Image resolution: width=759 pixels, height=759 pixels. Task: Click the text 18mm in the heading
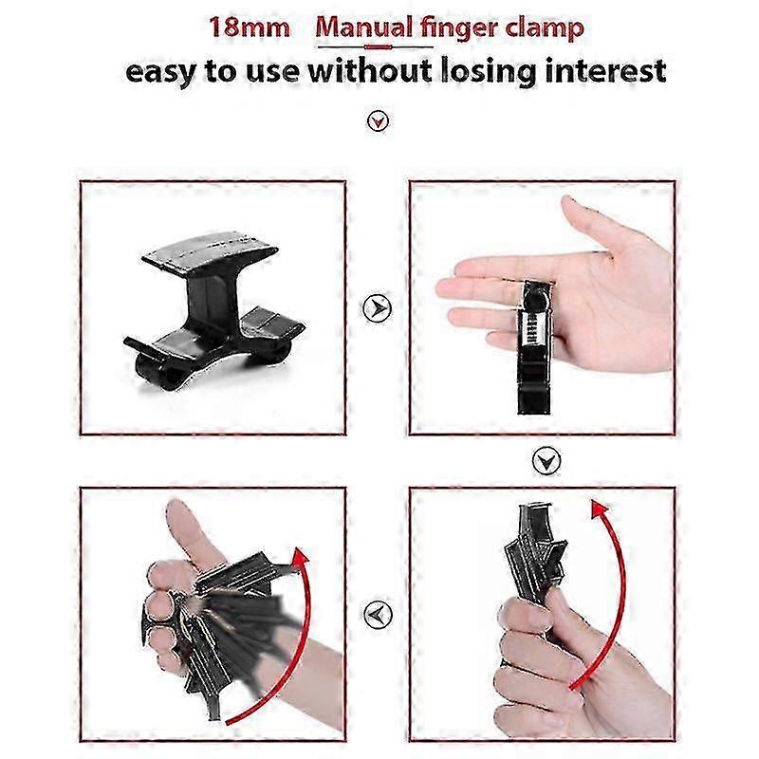[x=250, y=28]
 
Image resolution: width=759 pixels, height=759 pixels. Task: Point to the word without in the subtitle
[x=370, y=70]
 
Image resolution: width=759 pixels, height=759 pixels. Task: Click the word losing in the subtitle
[x=489, y=73]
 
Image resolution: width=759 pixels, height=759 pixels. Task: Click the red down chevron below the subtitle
[x=378, y=121]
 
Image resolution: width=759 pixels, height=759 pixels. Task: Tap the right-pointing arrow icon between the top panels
[x=377, y=307]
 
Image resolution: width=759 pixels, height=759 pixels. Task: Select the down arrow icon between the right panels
[x=546, y=461]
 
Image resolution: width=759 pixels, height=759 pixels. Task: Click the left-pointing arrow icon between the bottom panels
[x=377, y=615]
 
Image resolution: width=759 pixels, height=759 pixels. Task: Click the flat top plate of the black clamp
[x=211, y=251]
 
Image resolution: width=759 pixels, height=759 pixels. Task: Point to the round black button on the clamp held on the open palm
[x=535, y=303]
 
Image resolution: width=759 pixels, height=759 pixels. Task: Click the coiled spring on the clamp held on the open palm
[x=533, y=328]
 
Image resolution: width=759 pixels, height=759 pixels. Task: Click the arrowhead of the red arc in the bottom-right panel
[x=601, y=509]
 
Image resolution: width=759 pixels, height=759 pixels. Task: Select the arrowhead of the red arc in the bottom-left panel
[x=300, y=558]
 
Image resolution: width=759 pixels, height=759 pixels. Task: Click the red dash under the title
[x=378, y=47]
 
